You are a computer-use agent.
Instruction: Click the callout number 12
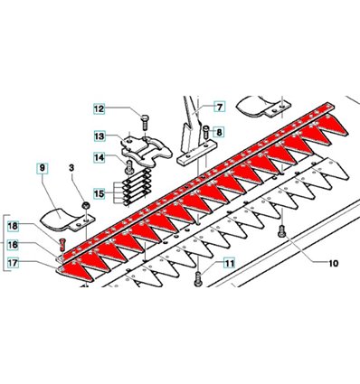pyautogui.click(x=99, y=108)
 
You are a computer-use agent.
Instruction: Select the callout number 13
pyautogui.click(x=99, y=136)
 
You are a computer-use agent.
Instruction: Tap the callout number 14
pyautogui.click(x=99, y=157)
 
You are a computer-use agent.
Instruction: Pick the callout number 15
pyautogui.click(x=99, y=193)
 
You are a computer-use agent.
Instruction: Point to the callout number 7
pyautogui.click(x=220, y=107)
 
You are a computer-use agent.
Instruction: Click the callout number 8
pyautogui.click(x=219, y=132)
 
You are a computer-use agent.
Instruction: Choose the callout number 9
pyautogui.click(x=43, y=168)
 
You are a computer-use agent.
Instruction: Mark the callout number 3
pyautogui.click(x=71, y=168)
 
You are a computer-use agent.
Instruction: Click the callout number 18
pyautogui.click(x=13, y=226)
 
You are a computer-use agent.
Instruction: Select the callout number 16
pyautogui.click(x=13, y=245)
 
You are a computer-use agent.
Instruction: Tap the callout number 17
pyautogui.click(x=13, y=263)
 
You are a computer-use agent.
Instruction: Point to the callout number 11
pyautogui.click(x=230, y=264)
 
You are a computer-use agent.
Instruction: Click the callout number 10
pyautogui.click(x=333, y=264)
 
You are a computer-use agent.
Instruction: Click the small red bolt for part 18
pyautogui.click(x=62, y=245)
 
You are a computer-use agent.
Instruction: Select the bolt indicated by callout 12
pyautogui.click(x=145, y=122)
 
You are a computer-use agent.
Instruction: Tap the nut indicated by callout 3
pyautogui.click(x=86, y=206)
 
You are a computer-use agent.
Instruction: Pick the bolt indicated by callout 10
pyautogui.click(x=281, y=231)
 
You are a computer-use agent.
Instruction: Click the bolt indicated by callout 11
pyautogui.click(x=198, y=279)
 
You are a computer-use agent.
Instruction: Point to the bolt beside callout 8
pyautogui.click(x=206, y=132)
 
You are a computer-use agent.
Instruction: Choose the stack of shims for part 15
pyautogui.click(x=137, y=187)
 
